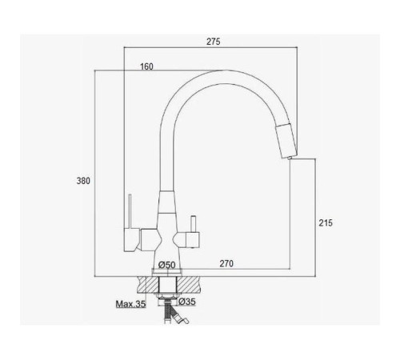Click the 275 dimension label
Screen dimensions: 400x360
(x=214, y=42)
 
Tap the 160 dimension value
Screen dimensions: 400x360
(x=146, y=66)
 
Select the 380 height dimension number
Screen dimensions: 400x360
(x=83, y=181)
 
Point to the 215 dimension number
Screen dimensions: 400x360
(x=326, y=222)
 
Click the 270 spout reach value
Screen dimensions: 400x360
(x=226, y=263)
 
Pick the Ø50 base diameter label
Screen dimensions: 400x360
(x=166, y=265)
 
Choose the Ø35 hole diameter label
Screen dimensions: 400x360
(x=187, y=302)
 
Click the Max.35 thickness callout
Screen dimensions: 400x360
(x=130, y=304)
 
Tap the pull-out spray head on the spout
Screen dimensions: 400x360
(x=286, y=141)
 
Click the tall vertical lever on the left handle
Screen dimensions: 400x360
(x=130, y=211)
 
